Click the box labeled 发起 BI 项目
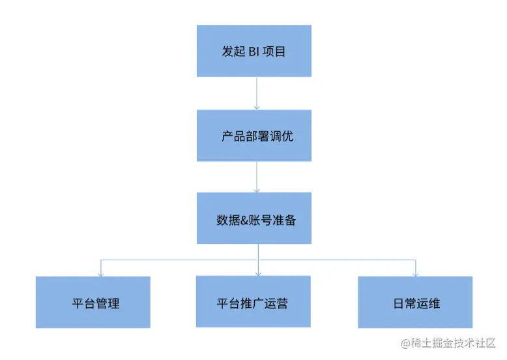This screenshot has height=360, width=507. (x=254, y=51)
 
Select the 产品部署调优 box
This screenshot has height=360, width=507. (x=254, y=136)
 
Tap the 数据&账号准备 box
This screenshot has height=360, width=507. (x=254, y=218)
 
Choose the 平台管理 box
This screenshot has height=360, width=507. (x=93, y=302)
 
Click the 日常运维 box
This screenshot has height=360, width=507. (x=415, y=302)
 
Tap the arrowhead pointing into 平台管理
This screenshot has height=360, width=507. (x=100, y=273)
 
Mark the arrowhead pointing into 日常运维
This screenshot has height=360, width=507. (x=416, y=273)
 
